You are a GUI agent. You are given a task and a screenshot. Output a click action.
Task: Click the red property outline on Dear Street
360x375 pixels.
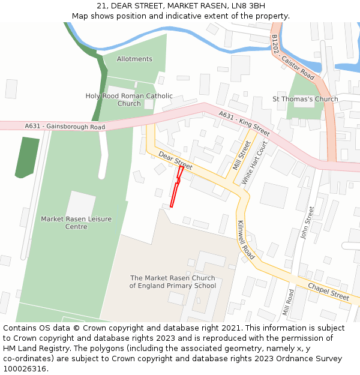tap(176, 187)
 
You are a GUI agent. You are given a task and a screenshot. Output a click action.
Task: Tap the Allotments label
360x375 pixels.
tap(134, 59)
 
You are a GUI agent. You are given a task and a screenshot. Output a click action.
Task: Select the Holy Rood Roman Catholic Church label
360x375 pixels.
tap(129, 100)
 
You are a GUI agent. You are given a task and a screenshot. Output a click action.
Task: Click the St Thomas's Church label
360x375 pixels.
tap(305, 99)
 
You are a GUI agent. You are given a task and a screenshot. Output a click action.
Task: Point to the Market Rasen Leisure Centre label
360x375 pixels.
tap(76, 223)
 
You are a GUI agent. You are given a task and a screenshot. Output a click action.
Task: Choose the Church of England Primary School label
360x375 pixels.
tap(173, 282)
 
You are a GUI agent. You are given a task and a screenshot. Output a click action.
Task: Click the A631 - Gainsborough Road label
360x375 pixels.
tap(65, 127)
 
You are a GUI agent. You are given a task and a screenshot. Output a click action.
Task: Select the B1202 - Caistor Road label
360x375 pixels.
tap(293, 58)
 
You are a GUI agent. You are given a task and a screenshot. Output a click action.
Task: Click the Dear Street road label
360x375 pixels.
tap(176, 160)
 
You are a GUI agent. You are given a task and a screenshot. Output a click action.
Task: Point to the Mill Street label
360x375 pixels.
tap(241, 154)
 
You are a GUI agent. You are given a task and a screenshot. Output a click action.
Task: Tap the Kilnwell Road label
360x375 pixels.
tap(246, 240)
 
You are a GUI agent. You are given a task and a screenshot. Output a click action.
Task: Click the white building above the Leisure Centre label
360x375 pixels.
tap(80, 204)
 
